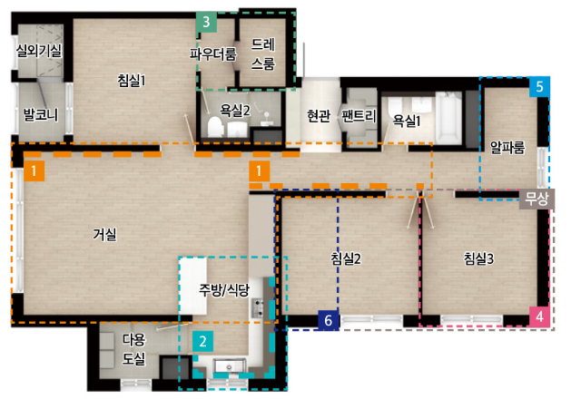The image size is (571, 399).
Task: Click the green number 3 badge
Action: (x=206, y=22)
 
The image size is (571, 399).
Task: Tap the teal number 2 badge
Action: (x=202, y=341)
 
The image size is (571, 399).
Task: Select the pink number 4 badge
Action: (x=539, y=316)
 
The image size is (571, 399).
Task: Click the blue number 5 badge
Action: (x=539, y=87)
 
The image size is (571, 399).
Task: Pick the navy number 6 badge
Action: (x=329, y=320)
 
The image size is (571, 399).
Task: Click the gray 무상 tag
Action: (x=537, y=199)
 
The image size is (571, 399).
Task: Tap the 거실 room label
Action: (x=105, y=234)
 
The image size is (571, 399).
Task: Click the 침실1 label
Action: (x=132, y=80)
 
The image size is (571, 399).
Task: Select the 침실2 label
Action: (x=346, y=258)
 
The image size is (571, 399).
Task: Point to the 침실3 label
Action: (x=478, y=258)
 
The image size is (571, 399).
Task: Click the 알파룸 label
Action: (x=507, y=147)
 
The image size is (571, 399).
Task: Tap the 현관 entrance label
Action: (x=319, y=116)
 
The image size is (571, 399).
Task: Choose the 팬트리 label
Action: (x=359, y=116)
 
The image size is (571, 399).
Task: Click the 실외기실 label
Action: (x=39, y=51)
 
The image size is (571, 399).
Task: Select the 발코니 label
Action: (x=41, y=114)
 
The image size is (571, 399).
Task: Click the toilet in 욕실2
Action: (x=215, y=127)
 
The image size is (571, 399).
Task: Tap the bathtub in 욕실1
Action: (x=449, y=118)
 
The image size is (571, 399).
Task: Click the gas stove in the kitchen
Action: (x=258, y=307)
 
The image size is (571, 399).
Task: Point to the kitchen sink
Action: (x=230, y=366)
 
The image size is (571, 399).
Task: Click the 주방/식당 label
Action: (x=224, y=290)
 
